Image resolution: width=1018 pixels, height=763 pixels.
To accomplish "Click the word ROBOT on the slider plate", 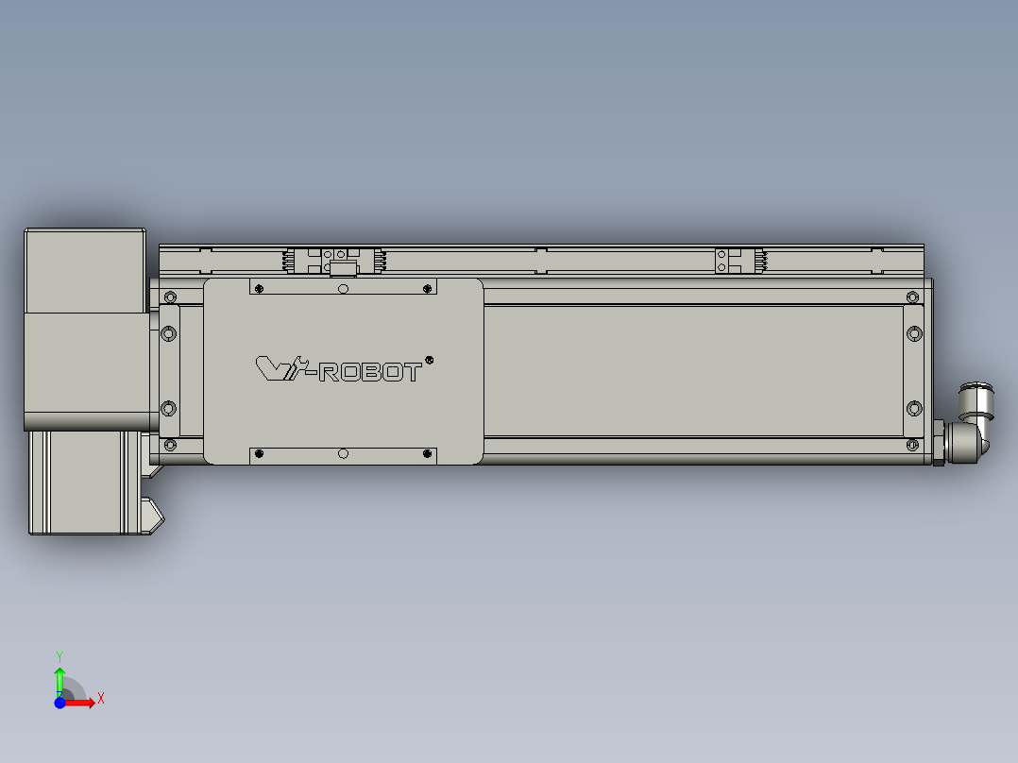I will point(371,373).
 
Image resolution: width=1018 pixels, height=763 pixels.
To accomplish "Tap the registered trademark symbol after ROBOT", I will point(430,360).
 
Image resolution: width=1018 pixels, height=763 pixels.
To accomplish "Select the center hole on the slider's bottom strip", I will point(343,454).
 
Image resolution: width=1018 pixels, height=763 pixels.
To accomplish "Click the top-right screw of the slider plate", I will point(428,287).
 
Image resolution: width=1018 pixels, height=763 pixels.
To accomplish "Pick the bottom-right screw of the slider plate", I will point(428,455).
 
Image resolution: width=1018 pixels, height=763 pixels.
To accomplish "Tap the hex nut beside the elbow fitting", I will point(938,444).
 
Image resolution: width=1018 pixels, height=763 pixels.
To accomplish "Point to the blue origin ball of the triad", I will point(59,703).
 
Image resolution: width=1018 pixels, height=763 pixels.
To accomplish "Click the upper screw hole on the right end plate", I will point(913,332).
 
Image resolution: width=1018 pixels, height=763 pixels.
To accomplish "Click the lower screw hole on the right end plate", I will point(913,408).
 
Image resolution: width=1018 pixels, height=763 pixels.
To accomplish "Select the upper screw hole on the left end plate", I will point(169,333).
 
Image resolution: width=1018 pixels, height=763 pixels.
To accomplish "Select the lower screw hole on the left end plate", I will point(169,408).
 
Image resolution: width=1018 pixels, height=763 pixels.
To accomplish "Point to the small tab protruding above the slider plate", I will point(342,269).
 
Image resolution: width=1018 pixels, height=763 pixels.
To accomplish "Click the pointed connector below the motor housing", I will point(152,515).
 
